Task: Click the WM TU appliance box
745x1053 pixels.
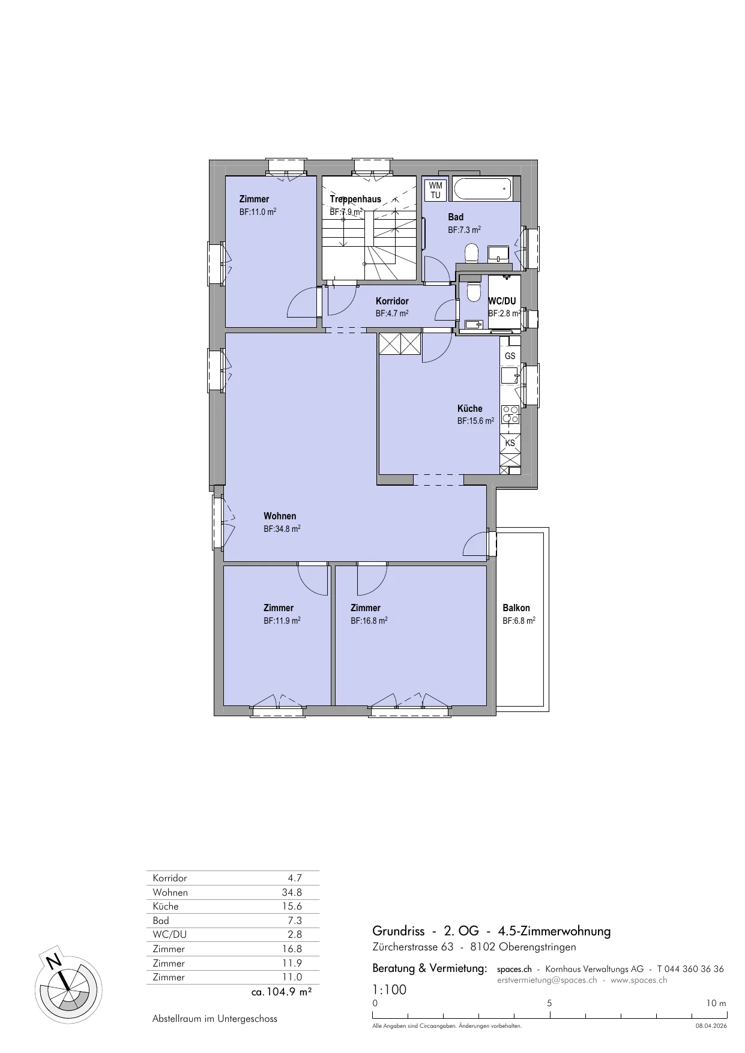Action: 435,190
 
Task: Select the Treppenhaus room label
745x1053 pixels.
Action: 355,199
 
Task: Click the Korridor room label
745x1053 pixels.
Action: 392,301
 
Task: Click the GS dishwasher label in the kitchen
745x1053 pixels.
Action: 510,356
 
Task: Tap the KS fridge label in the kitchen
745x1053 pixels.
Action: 510,443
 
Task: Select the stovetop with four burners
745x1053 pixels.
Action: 510,414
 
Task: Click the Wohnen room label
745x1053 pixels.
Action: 280,516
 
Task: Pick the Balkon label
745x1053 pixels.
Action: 516,608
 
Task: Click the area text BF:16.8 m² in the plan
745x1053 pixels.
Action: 369,621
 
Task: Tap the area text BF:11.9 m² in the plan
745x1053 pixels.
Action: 282,621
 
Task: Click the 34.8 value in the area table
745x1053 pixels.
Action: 292,892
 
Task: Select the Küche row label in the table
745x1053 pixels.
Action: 166,907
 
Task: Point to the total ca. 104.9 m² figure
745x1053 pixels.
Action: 282,992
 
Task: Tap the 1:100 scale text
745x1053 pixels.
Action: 390,990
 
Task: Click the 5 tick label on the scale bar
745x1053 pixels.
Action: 549,1003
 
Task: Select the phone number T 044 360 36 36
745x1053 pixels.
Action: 690,969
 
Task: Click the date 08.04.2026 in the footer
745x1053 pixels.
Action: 711,1026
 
